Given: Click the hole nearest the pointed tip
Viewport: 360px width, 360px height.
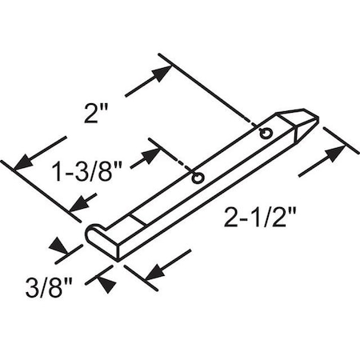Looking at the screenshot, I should [266, 133].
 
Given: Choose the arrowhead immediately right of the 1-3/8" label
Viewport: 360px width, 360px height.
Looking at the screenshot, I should [149, 154].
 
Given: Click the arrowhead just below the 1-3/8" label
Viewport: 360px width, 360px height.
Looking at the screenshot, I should [80, 202].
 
